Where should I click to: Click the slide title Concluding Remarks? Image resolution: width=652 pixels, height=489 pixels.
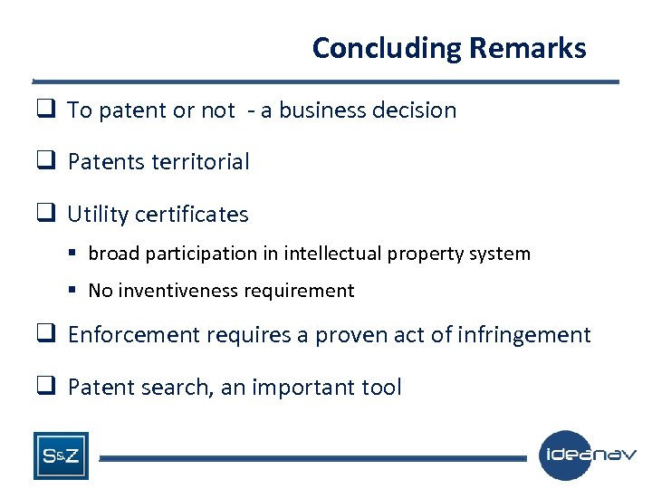pyautogui.click(x=448, y=48)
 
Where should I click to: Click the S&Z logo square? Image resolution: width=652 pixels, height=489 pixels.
pyautogui.click(x=61, y=455)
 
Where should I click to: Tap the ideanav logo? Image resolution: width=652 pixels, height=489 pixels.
pyautogui.click(x=588, y=455)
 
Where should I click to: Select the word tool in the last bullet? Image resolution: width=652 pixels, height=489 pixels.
pyautogui.click(x=382, y=388)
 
